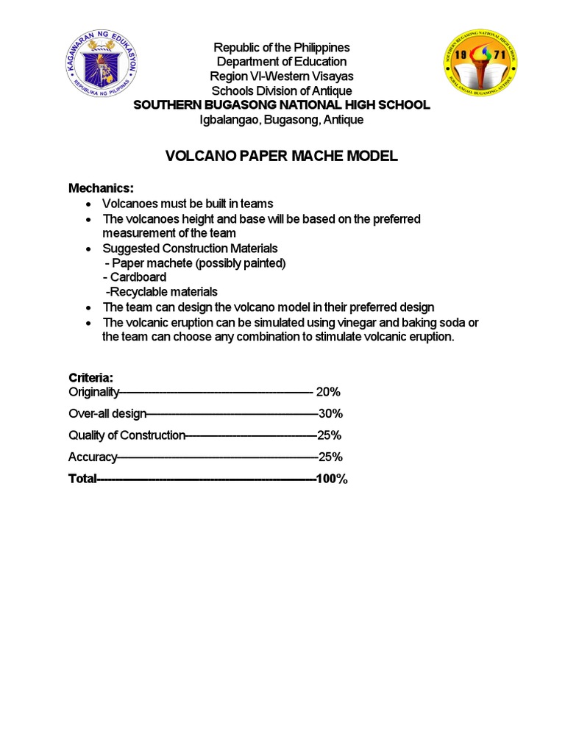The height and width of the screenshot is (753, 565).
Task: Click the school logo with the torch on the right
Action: click(x=480, y=65)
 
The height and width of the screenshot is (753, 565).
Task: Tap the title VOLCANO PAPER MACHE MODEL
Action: click(x=282, y=156)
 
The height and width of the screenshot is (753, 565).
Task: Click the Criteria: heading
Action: click(x=90, y=377)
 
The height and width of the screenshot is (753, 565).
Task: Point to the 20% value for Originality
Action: click(x=328, y=392)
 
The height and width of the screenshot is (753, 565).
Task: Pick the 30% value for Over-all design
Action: click(x=330, y=413)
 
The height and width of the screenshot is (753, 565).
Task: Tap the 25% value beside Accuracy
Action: click(x=330, y=457)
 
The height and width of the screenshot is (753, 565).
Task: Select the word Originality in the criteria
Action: click(x=93, y=392)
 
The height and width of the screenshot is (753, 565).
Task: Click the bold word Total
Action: click(x=82, y=479)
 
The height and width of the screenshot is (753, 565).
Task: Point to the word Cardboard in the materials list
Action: click(x=138, y=277)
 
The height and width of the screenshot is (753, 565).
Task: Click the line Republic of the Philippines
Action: click(x=282, y=48)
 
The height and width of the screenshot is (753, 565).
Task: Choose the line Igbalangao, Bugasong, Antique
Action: click(x=282, y=119)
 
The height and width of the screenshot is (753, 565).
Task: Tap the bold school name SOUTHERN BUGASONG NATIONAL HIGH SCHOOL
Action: click(x=282, y=105)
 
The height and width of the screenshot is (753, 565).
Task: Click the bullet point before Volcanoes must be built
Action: click(x=89, y=204)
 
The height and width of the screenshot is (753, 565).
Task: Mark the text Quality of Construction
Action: click(x=127, y=435)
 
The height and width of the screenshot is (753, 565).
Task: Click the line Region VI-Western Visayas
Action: click(x=282, y=76)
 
